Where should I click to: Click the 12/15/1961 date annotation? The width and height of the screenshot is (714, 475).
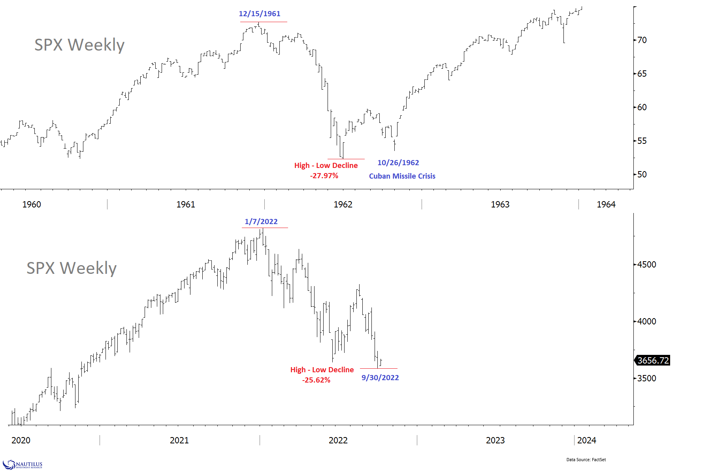tap(260, 14)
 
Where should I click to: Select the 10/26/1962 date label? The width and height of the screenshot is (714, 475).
tap(398, 163)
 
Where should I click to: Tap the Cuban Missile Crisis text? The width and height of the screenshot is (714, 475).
tap(402, 176)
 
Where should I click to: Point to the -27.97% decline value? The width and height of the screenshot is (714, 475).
tap(324, 176)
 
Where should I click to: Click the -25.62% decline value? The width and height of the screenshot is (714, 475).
tap(316, 380)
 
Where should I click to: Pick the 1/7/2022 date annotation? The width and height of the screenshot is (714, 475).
tap(261, 222)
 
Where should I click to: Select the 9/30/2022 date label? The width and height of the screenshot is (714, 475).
tap(380, 378)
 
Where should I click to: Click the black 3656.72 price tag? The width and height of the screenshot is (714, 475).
tap(653, 360)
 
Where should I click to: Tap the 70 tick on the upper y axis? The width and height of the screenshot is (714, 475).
tap(642, 40)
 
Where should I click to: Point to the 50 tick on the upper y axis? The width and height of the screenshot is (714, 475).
tap(642, 174)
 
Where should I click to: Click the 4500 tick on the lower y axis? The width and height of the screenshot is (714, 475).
tap(647, 264)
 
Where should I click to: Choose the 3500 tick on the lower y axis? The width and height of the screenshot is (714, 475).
tap(647, 378)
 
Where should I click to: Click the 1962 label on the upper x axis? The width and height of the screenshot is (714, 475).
tap(343, 204)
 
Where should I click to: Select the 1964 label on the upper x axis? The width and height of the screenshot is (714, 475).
tap(606, 204)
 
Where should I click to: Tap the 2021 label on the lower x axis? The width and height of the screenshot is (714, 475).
tap(179, 440)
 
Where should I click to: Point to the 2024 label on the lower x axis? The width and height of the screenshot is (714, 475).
tap(586, 440)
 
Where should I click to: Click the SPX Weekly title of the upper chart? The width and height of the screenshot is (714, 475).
tap(79, 45)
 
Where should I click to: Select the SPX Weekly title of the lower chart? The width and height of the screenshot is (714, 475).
tap(72, 268)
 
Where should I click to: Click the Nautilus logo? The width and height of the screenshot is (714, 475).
tap(23, 465)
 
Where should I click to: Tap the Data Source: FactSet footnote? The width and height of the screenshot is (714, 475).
tap(586, 460)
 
